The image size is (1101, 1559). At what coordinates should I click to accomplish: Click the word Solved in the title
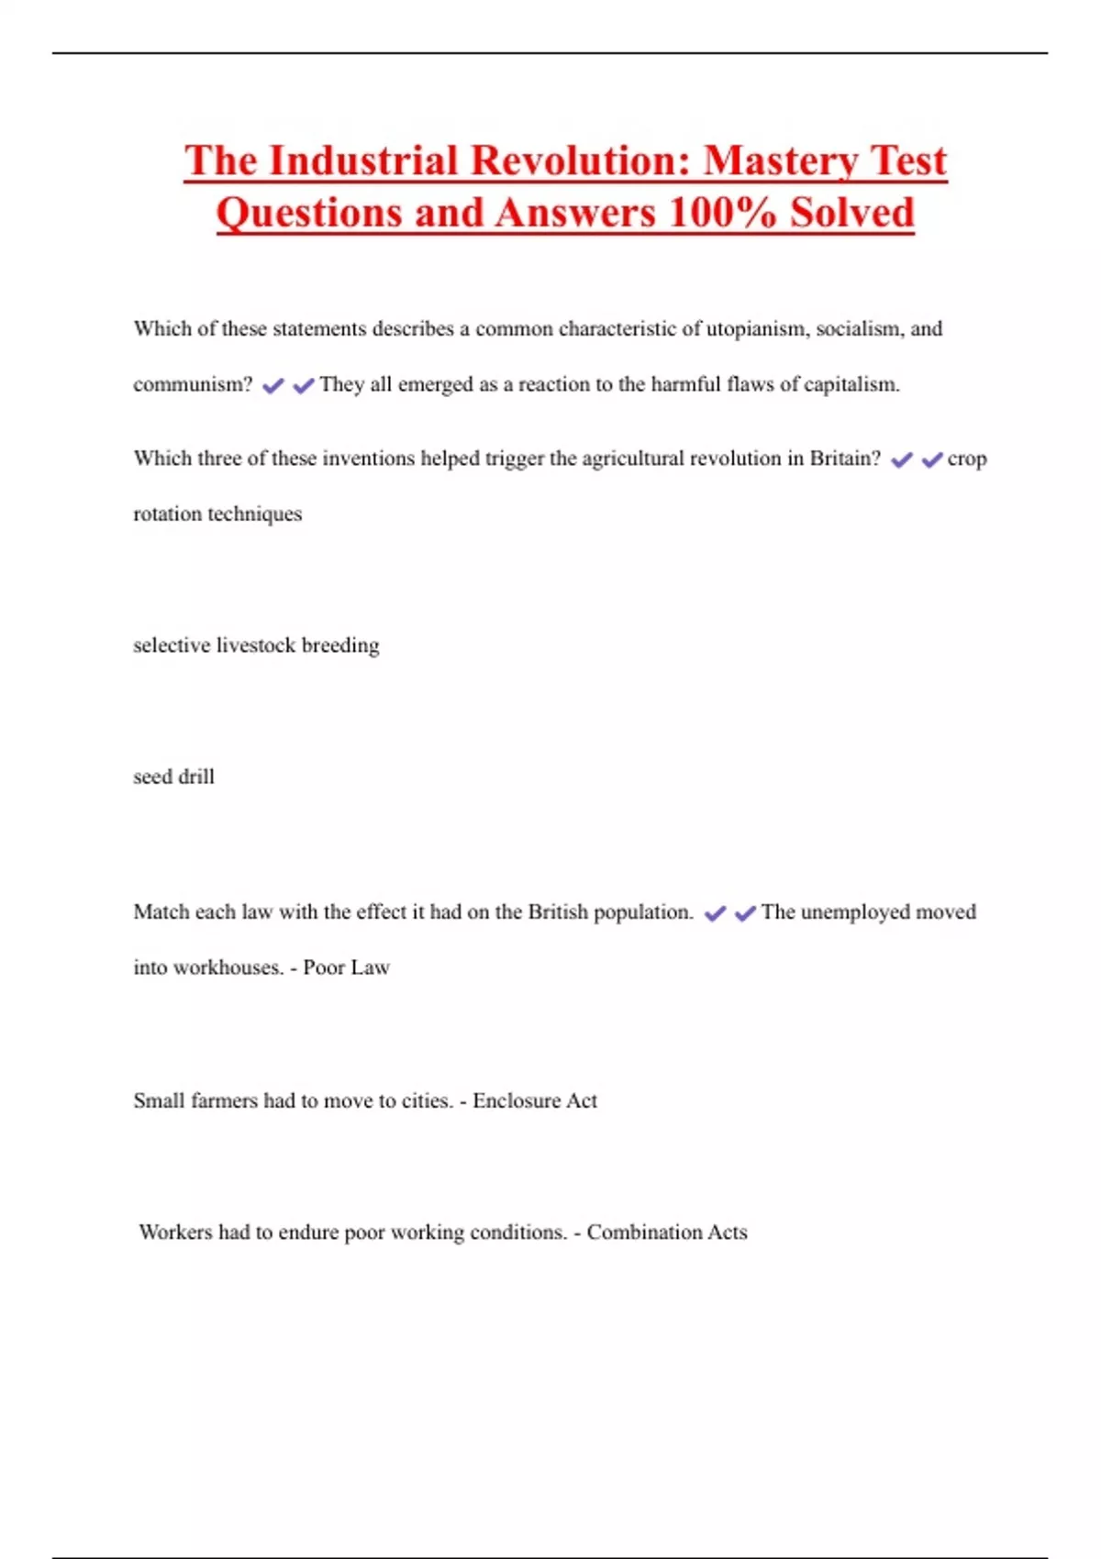852,213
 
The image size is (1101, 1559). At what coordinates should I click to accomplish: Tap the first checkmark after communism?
272,386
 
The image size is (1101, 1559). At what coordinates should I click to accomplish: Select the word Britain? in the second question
845,459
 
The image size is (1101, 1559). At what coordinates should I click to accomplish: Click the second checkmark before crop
932,459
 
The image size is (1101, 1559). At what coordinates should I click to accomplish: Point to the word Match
161,912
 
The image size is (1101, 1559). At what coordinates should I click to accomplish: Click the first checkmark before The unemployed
715,913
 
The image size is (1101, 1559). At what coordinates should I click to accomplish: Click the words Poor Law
346,967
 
